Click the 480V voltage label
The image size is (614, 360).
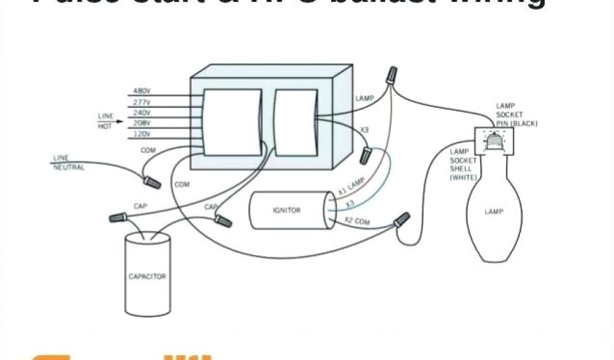(x=142, y=91)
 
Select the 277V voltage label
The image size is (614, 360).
(x=142, y=102)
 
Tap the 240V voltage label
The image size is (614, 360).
(x=142, y=112)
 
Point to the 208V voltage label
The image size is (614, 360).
(x=142, y=122)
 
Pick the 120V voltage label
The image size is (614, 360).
(x=142, y=134)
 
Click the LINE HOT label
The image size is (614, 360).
(x=105, y=120)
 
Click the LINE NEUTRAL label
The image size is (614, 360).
(x=68, y=163)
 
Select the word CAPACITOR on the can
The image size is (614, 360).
(x=147, y=277)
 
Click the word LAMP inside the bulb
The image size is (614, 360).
(x=494, y=211)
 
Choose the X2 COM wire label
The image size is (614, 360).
(x=358, y=221)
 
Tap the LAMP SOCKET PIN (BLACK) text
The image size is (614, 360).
(x=516, y=115)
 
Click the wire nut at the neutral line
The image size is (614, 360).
(x=150, y=179)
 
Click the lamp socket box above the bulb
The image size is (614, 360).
(x=491, y=140)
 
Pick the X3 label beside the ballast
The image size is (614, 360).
(x=364, y=130)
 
